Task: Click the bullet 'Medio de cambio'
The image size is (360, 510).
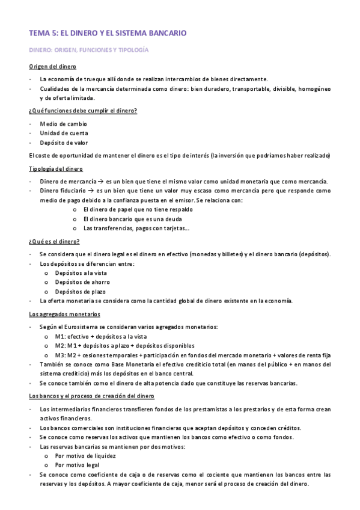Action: point(63,124)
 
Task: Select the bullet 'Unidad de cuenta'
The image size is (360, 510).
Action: point(64,133)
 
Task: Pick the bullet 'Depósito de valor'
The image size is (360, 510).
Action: point(64,143)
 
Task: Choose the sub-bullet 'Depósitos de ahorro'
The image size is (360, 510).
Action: point(82,282)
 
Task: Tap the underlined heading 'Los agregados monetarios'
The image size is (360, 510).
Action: point(64,314)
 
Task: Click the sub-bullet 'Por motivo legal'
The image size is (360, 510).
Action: point(78,465)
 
